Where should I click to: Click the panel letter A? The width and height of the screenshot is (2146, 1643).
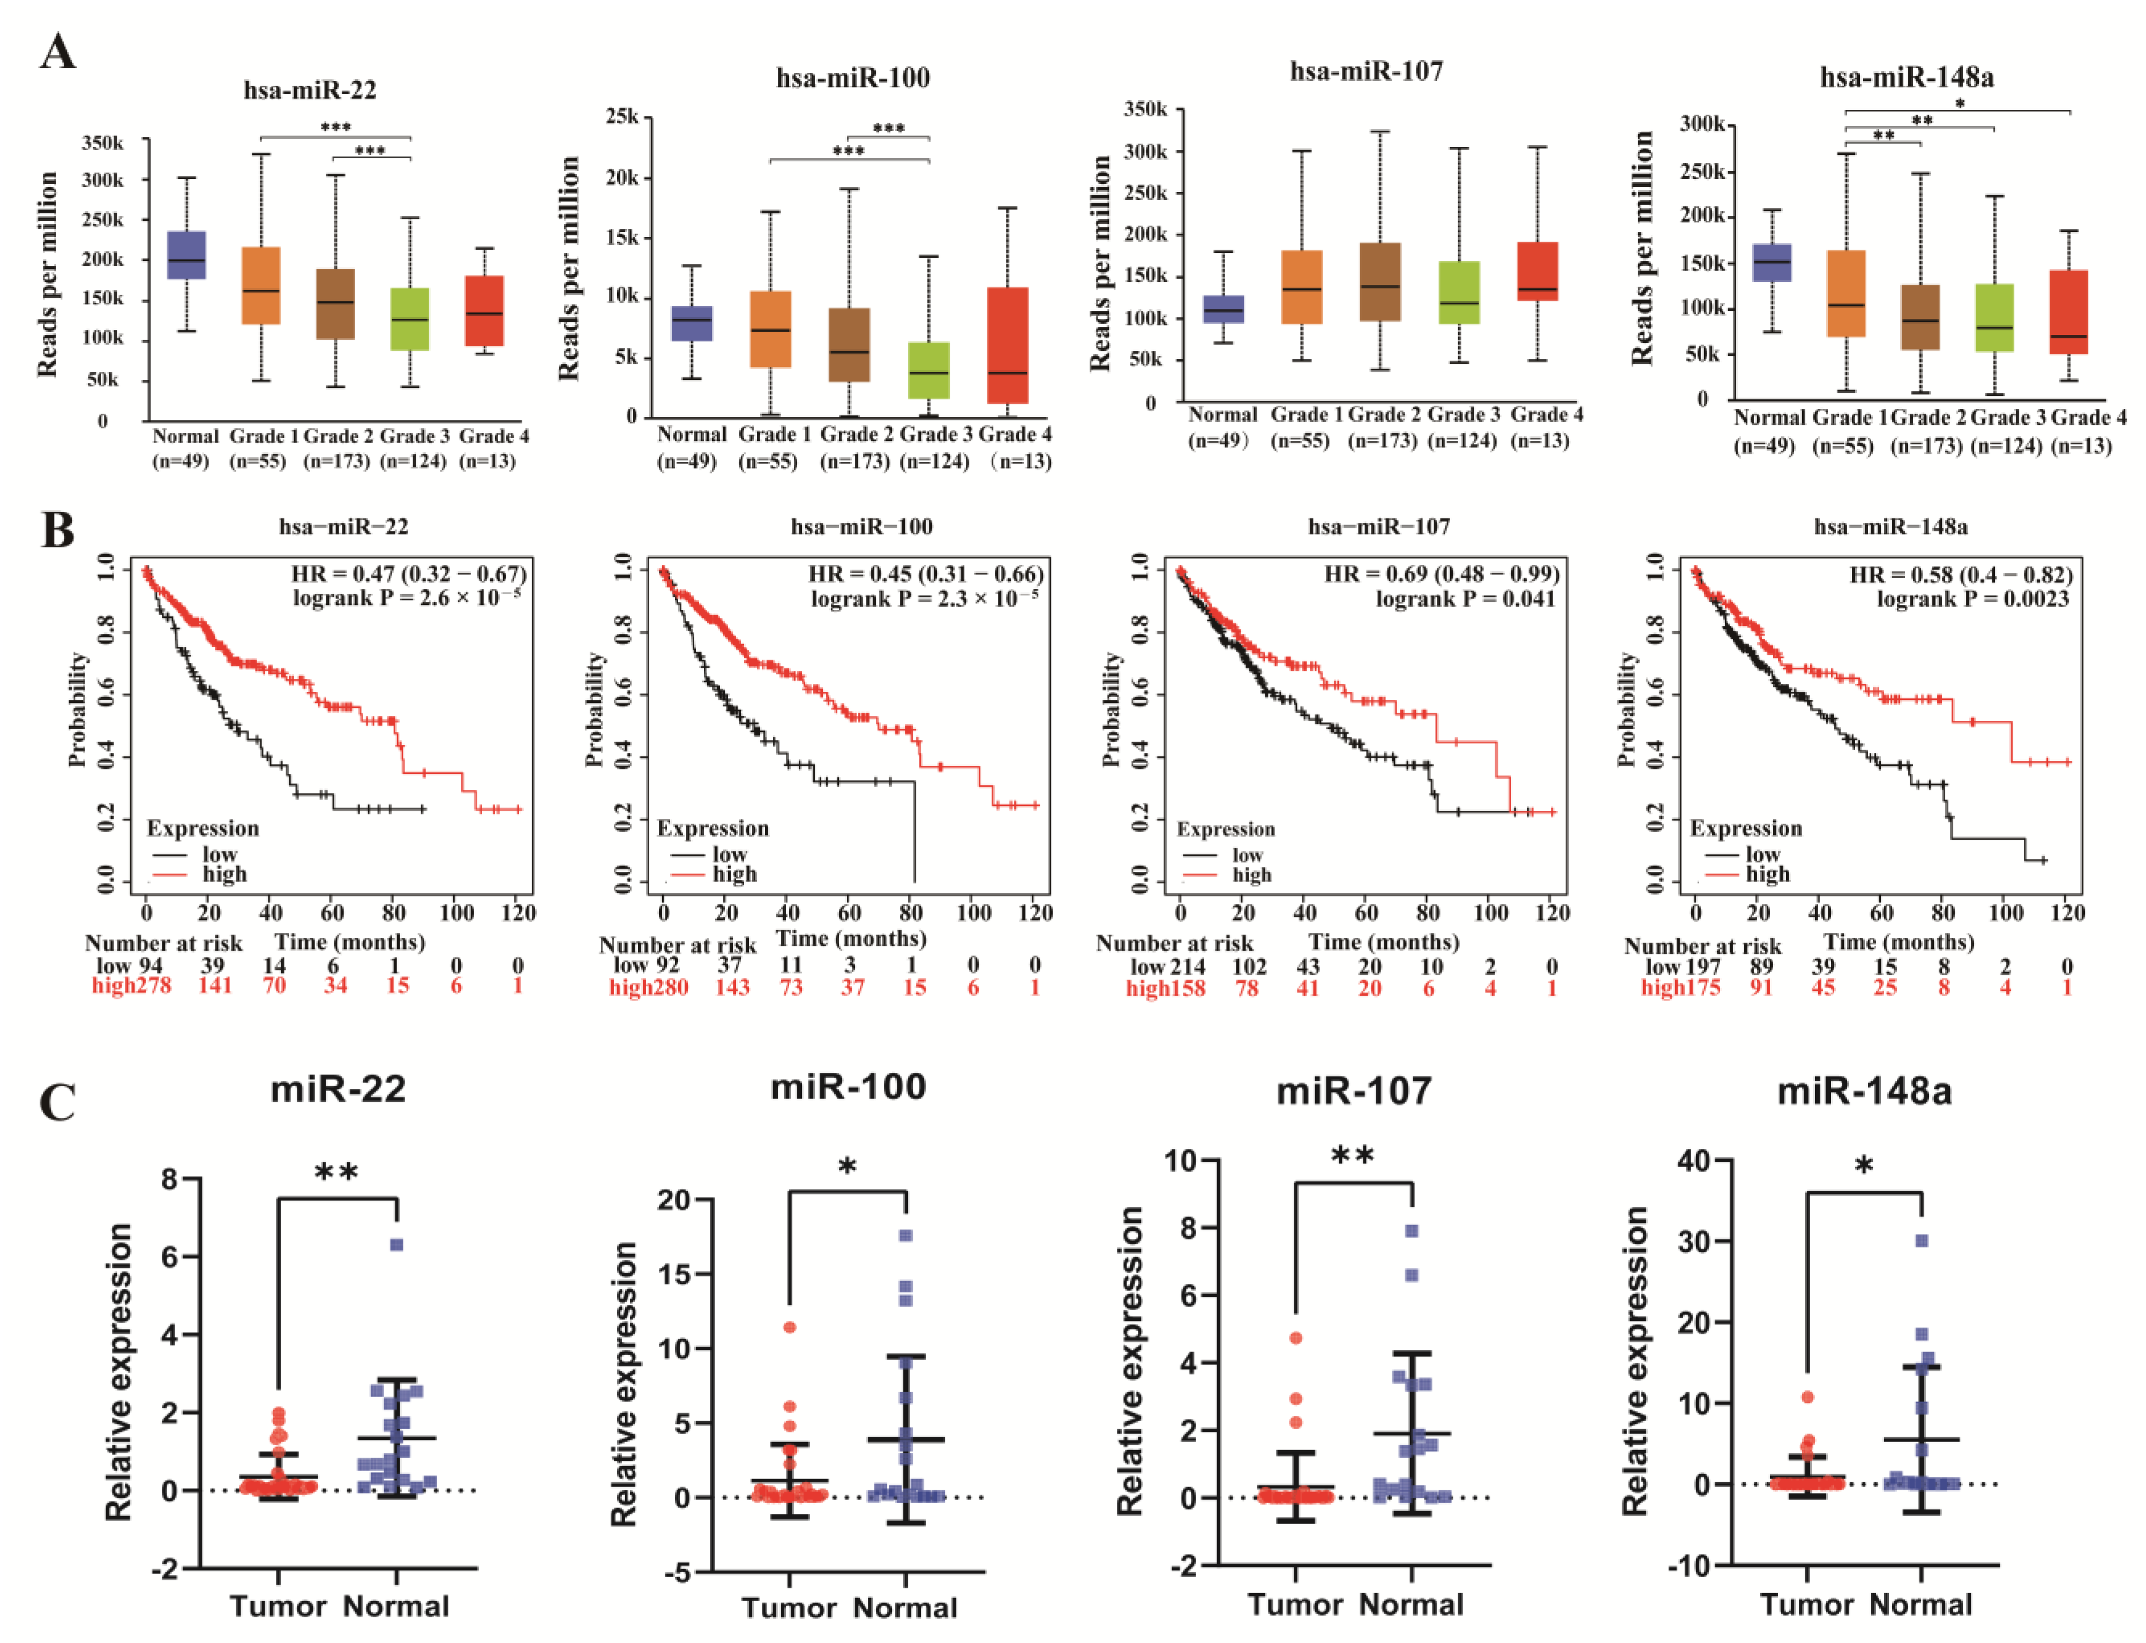(x=58, y=51)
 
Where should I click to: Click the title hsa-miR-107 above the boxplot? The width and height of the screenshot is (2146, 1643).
(x=1366, y=71)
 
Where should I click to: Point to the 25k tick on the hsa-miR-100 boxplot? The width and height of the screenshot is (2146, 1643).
(x=622, y=117)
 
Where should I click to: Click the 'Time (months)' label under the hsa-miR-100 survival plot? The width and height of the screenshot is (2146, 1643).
(x=851, y=939)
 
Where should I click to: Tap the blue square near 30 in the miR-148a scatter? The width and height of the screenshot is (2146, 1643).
(x=1921, y=1240)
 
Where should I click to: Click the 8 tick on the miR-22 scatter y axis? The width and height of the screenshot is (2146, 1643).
(x=170, y=1179)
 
